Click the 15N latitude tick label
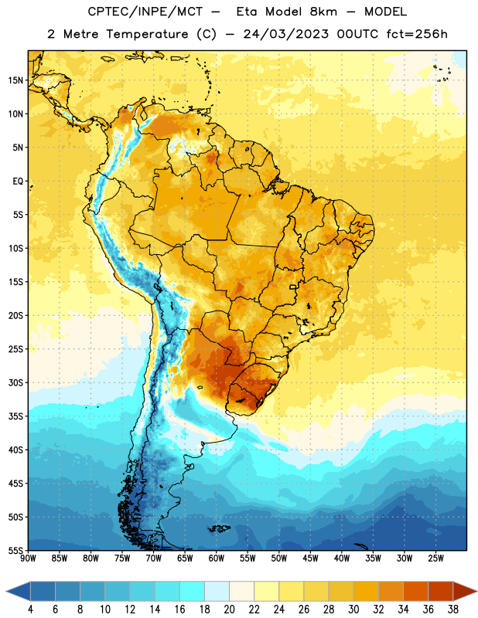(x=15, y=80)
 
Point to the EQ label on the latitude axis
(x=18, y=182)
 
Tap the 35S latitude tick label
(x=15, y=416)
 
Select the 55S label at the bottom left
(x=15, y=550)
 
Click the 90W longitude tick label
(x=28, y=559)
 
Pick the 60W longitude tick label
(x=217, y=559)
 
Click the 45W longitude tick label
(x=310, y=559)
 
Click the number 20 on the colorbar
(x=229, y=610)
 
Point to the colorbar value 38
(x=452, y=610)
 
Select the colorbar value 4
(x=30, y=610)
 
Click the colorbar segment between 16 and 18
(x=193, y=591)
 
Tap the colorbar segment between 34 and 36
(x=415, y=591)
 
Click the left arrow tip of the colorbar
(x=6, y=591)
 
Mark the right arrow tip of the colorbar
(x=476, y=591)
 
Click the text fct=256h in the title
(x=417, y=34)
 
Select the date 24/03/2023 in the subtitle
(x=285, y=34)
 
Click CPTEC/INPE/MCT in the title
(x=145, y=12)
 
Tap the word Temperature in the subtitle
(x=147, y=35)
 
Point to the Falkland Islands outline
(x=219, y=528)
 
